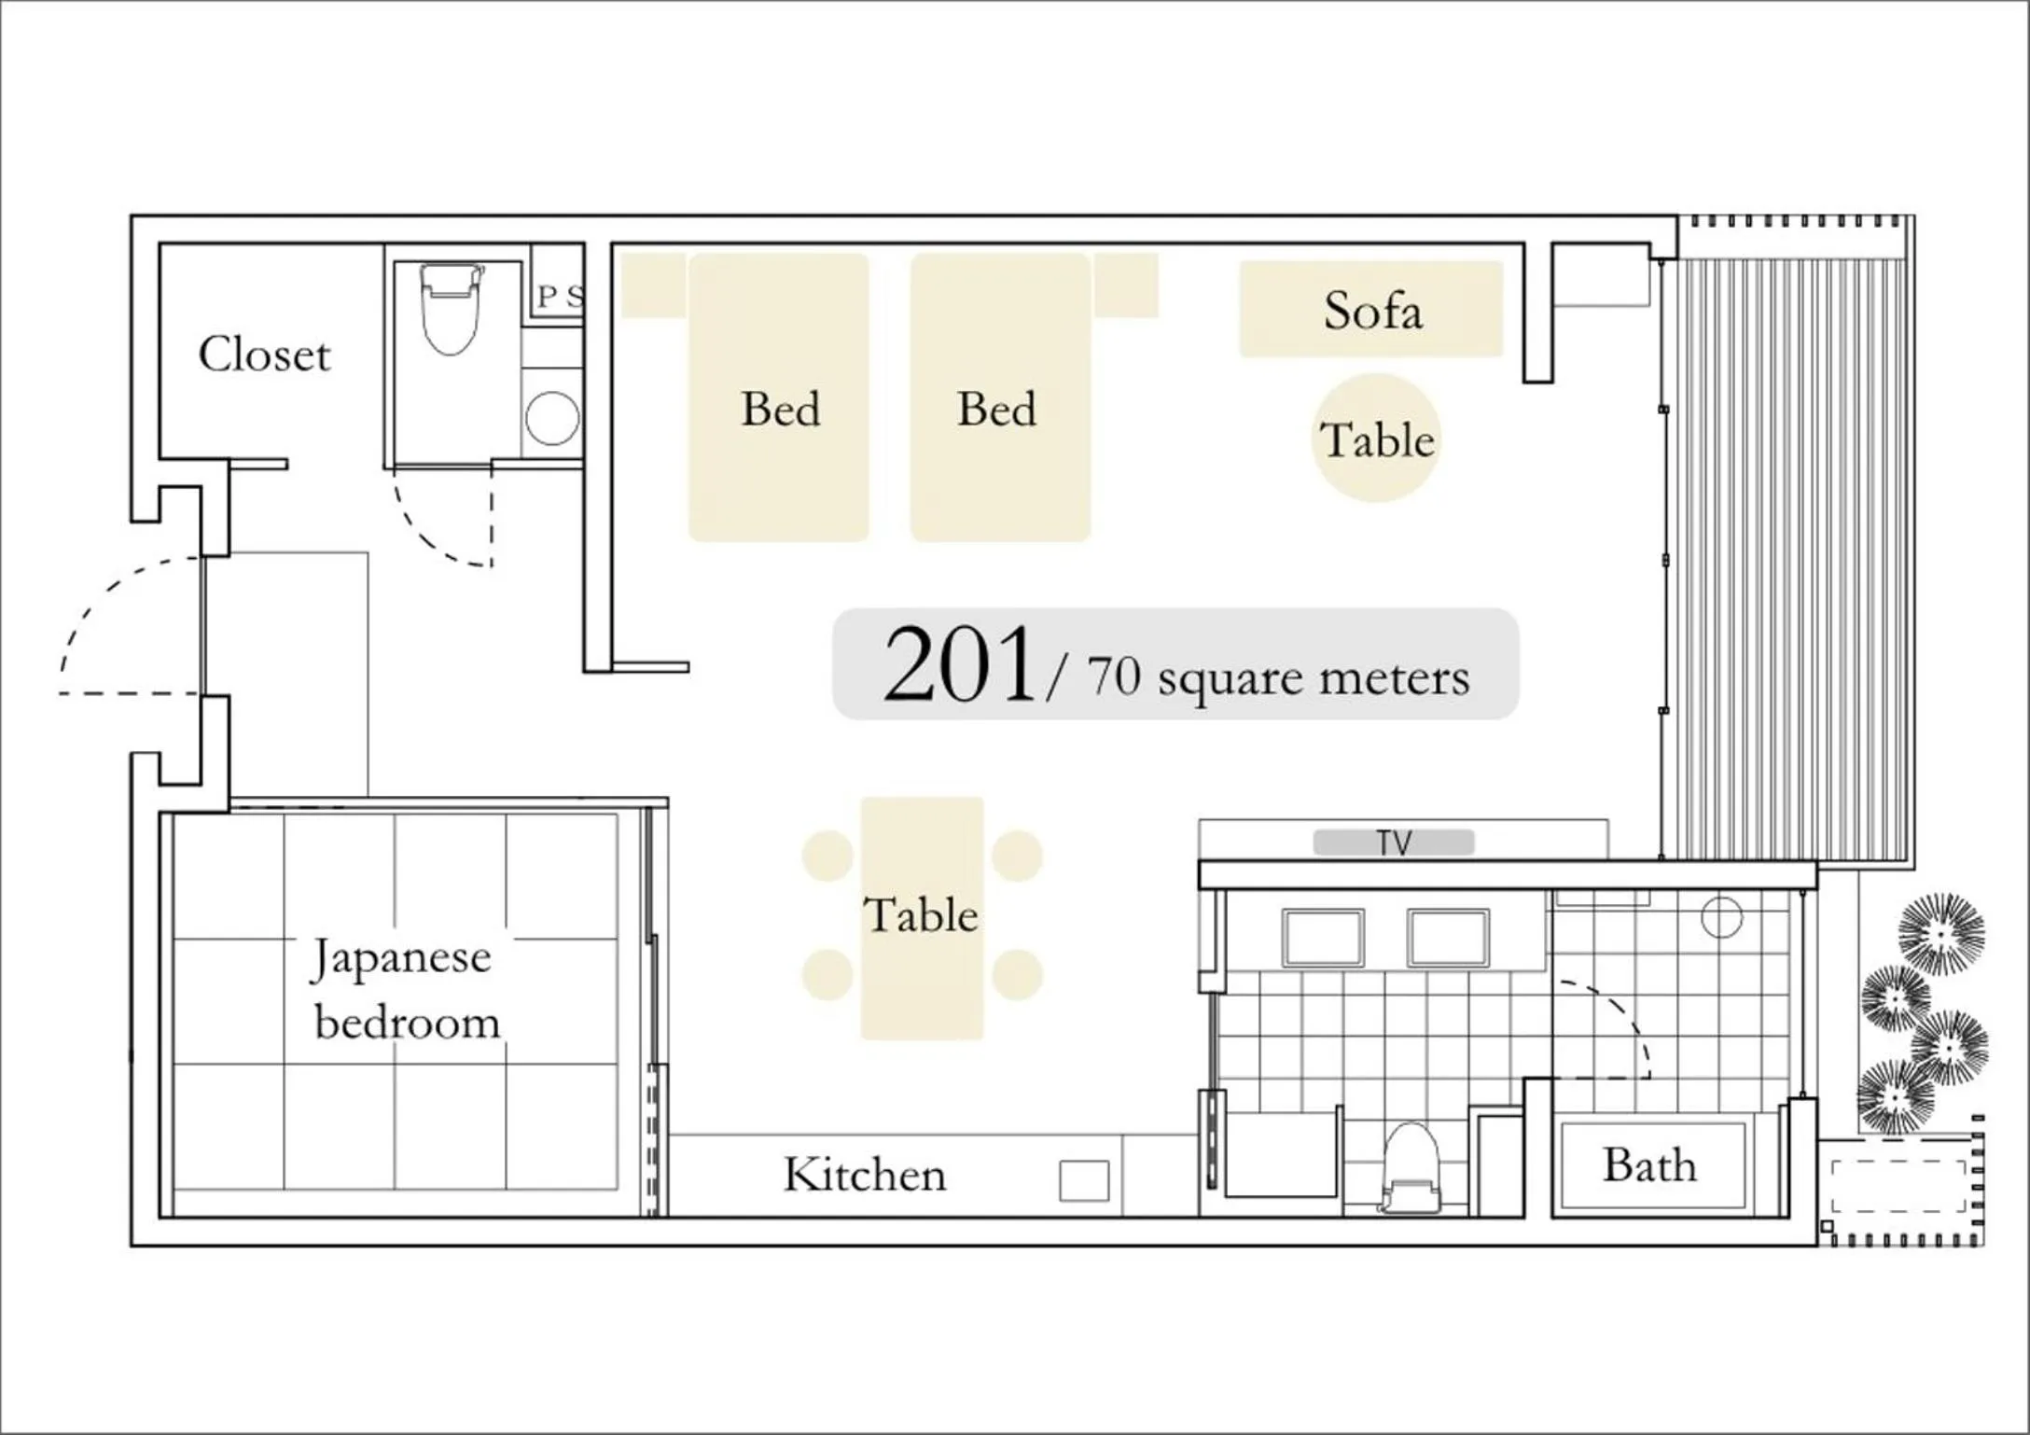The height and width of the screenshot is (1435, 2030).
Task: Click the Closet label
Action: [264, 355]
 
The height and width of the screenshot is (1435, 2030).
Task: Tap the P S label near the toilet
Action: [560, 297]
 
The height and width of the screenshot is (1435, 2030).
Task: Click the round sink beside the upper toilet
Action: [552, 418]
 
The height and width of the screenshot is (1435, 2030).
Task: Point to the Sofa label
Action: [1372, 311]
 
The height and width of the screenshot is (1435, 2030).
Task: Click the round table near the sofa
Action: [1376, 439]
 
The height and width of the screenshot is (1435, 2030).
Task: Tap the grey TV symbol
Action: [1394, 843]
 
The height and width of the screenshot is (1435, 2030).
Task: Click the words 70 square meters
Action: [1278, 676]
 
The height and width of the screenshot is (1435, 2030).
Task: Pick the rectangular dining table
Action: [922, 917]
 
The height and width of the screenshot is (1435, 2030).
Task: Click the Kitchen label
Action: [865, 1175]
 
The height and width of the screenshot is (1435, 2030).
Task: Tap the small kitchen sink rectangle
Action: [1084, 1180]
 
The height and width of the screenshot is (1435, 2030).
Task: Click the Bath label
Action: [1649, 1165]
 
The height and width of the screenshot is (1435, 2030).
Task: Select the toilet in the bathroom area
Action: [1410, 1166]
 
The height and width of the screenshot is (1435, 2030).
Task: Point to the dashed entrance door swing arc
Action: [93, 597]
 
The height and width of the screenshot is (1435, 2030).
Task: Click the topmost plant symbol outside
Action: [1941, 933]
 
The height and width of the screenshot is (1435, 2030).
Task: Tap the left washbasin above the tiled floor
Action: [1323, 938]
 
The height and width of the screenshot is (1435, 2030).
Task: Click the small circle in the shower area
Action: [1721, 917]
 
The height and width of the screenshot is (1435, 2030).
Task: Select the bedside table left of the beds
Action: [653, 285]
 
